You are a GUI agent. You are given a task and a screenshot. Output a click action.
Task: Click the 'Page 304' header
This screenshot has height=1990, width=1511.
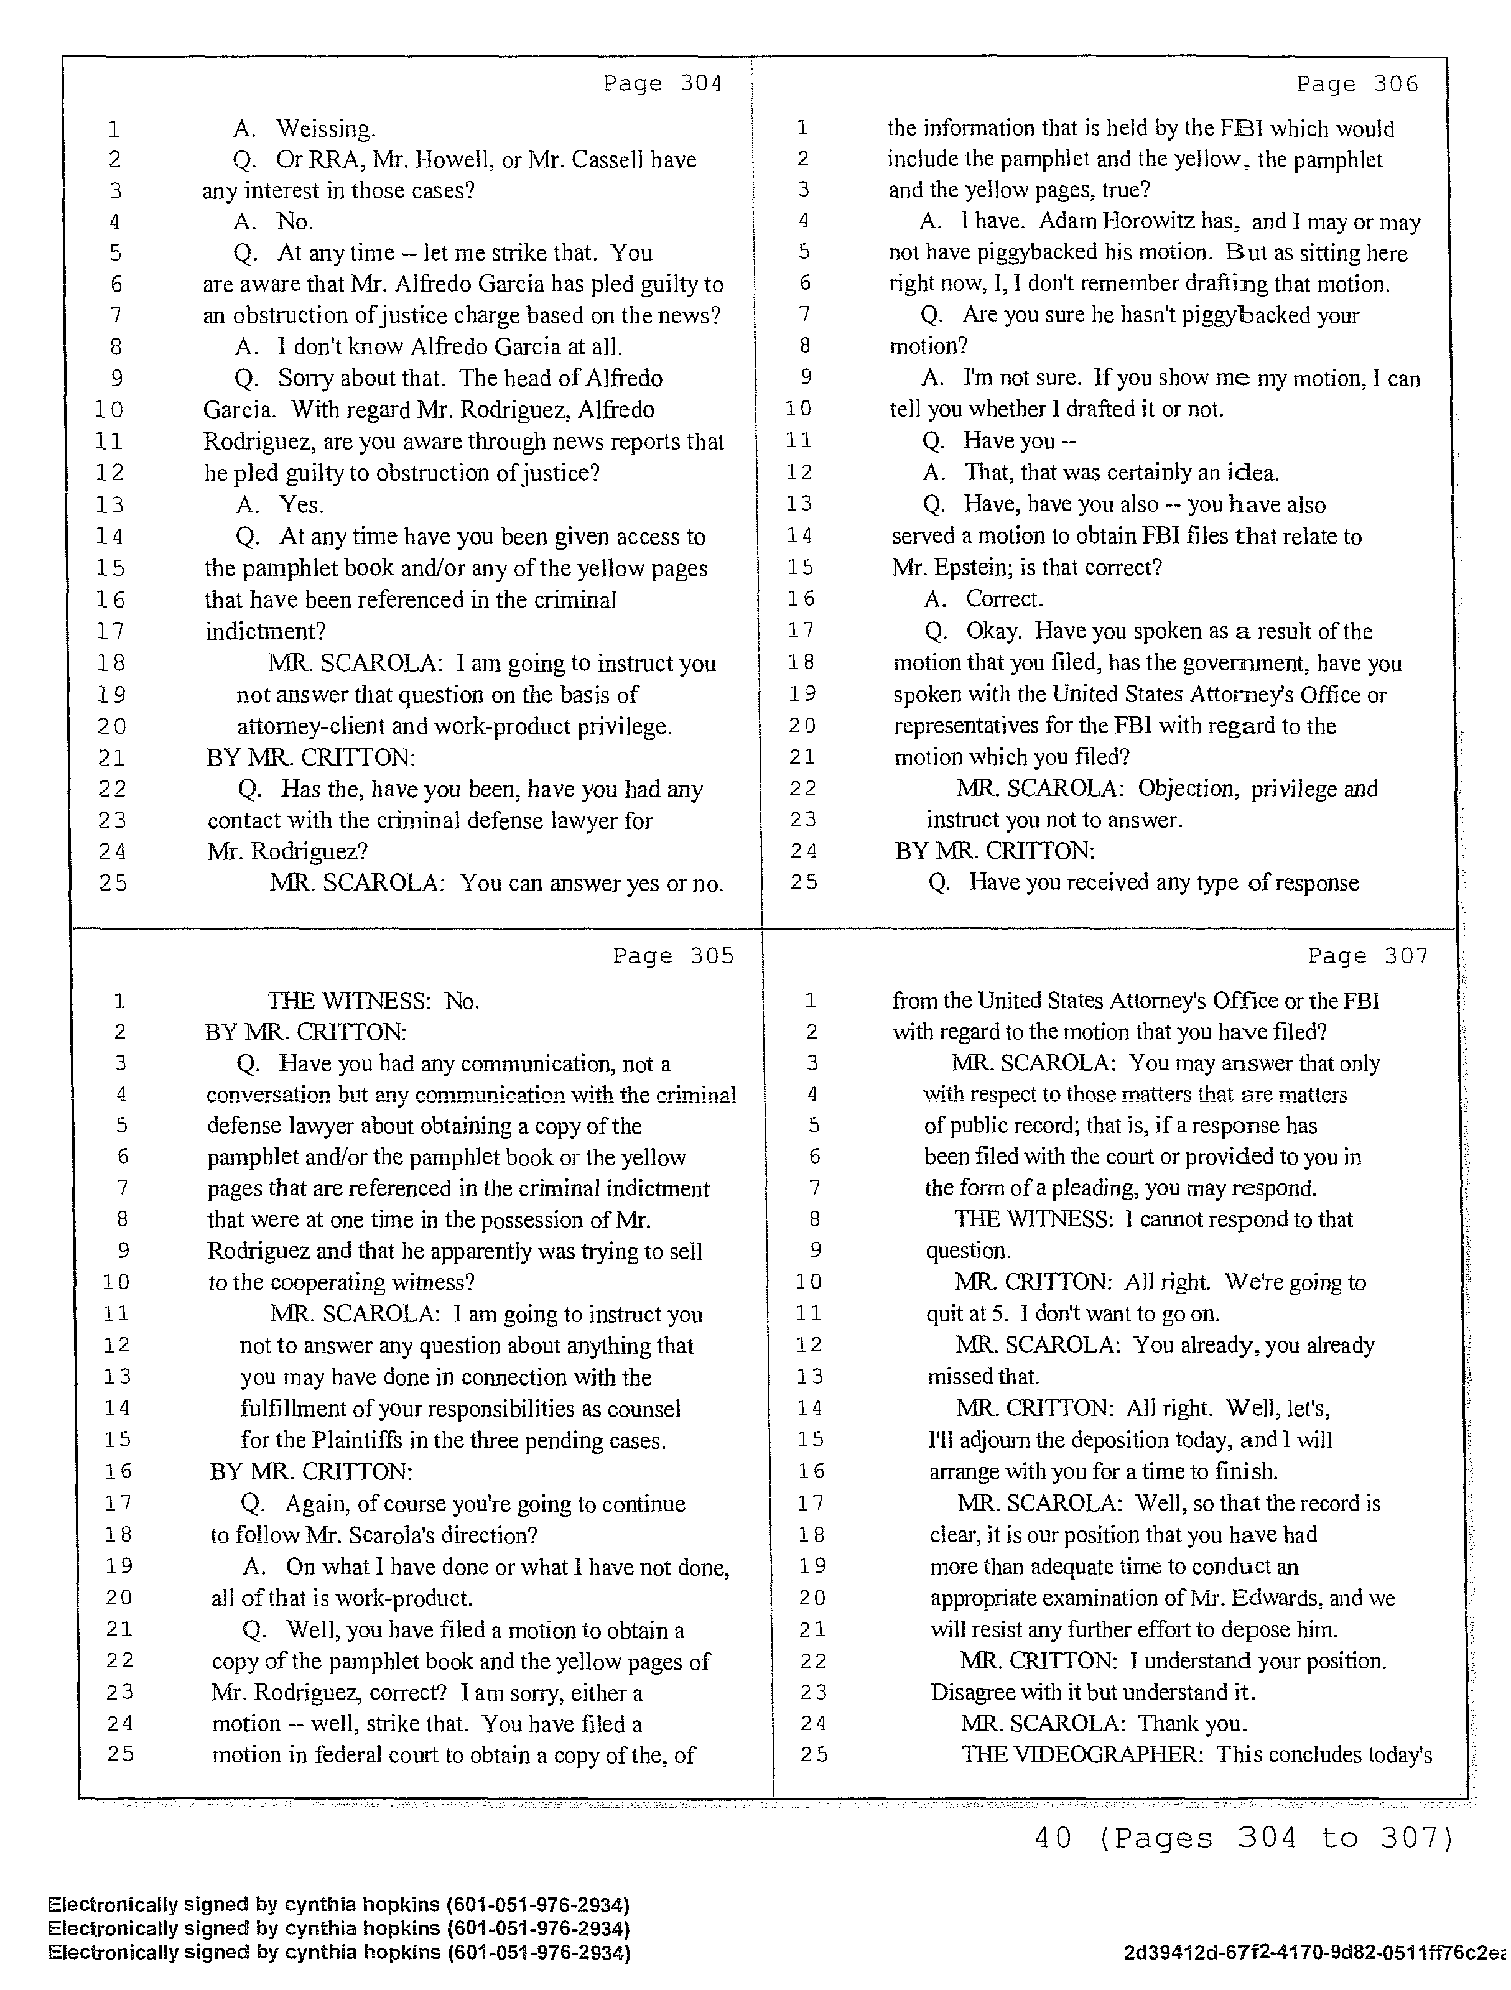[x=663, y=84]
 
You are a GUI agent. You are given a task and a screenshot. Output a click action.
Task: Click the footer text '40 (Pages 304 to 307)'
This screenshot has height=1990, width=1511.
[x=1244, y=1838]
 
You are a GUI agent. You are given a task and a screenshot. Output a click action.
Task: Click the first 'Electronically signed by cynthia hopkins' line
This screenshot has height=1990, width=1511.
[x=338, y=1905]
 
